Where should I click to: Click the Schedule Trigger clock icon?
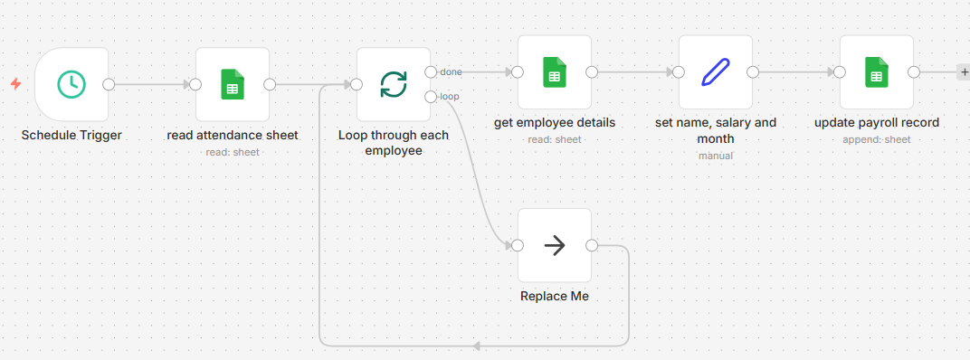pyautogui.click(x=71, y=84)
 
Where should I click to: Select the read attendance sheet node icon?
pyautogui.click(x=233, y=84)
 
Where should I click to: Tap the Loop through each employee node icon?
pyautogui.click(x=394, y=84)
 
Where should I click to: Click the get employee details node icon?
pyautogui.click(x=555, y=72)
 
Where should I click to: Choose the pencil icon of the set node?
pyautogui.click(x=716, y=72)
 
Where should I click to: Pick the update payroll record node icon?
pyautogui.click(x=876, y=72)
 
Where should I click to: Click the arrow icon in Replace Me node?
pyautogui.click(x=555, y=245)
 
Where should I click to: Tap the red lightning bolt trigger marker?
pyautogui.click(x=15, y=84)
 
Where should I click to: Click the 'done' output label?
pyautogui.click(x=451, y=71)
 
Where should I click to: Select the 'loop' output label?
pyautogui.click(x=450, y=96)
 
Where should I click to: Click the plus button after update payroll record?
pyautogui.click(x=963, y=72)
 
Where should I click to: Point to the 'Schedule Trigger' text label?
pyautogui.click(x=71, y=136)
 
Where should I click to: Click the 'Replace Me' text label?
pyautogui.click(x=555, y=297)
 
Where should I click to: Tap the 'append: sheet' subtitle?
pyautogui.click(x=876, y=139)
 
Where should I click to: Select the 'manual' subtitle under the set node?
pyautogui.click(x=715, y=156)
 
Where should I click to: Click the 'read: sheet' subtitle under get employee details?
pyautogui.click(x=555, y=139)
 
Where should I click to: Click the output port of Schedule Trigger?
pyautogui.click(x=109, y=84)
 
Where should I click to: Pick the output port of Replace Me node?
pyautogui.click(x=592, y=245)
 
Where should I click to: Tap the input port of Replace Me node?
pyautogui.click(x=518, y=245)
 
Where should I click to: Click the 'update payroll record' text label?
pyautogui.click(x=876, y=123)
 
